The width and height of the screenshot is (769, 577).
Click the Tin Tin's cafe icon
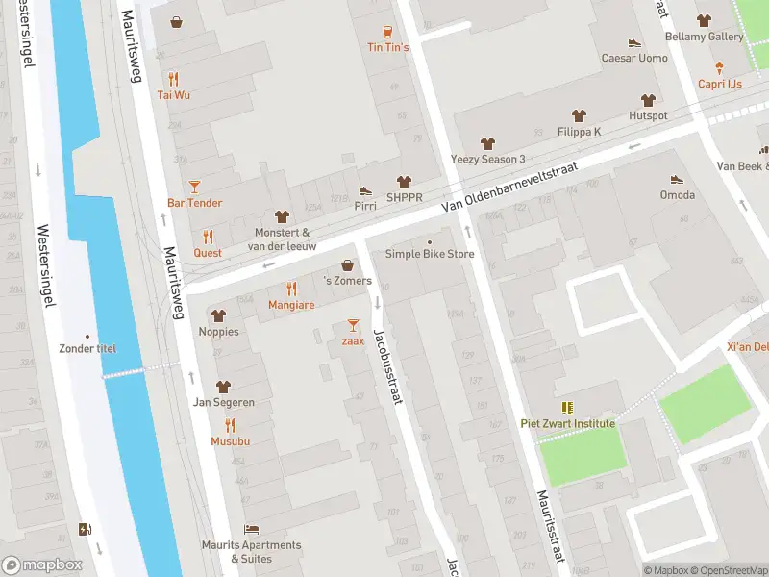(387, 32)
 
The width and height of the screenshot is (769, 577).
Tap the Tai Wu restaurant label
(173, 95)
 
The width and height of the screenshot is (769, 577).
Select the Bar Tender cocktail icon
(195, 186)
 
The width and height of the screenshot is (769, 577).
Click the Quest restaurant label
(208, 253)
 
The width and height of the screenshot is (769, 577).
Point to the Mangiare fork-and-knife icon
(291, 288)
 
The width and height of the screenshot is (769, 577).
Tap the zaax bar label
(353, 341)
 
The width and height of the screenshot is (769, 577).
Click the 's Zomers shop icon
(347, 265)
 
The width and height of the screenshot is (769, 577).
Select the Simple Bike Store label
(430, 254)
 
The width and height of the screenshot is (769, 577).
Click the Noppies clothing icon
(218, 315)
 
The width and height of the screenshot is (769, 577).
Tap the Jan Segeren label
(223, 402)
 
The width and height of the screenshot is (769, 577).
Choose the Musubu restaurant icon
(230, 425)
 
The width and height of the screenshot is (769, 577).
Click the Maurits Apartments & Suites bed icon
(251, 529)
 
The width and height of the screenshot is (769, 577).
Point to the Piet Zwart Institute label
(567, 423)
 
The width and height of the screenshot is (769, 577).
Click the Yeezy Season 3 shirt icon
(487, 142)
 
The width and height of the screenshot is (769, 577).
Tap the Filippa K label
(579, 132)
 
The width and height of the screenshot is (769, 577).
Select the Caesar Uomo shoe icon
(634, 42)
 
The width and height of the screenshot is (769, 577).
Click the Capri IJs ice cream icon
(719, 67)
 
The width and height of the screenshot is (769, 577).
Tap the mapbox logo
(42, 565)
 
